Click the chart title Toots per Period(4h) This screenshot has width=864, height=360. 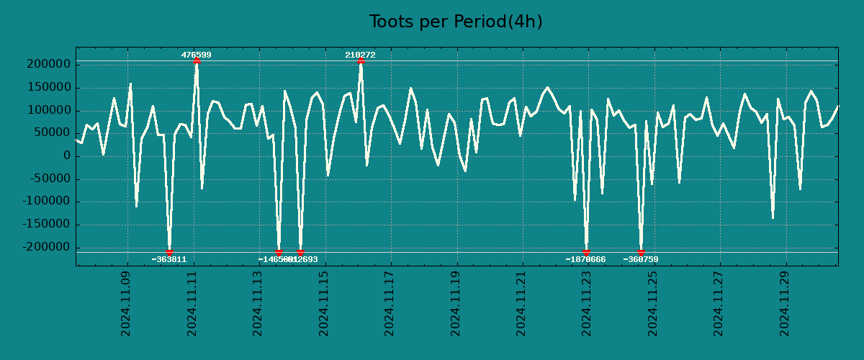(456, 22)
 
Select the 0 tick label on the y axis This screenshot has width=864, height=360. (66, 156)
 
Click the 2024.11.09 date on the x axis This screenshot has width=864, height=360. (127, 304)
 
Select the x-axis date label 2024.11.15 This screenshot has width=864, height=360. (324, 304)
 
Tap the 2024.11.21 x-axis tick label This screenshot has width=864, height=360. (522, 304)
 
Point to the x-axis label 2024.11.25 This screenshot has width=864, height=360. (654, 304)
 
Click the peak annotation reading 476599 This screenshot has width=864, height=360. (196, 55)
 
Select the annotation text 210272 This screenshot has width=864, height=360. (360, 55)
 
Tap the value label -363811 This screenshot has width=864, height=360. (169, 259)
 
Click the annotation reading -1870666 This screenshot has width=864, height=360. (585, 259)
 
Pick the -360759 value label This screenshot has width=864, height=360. (641, 259)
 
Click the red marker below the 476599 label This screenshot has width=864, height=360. (197, 61)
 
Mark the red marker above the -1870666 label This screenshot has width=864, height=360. (586, 252)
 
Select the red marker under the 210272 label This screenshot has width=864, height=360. (361, 61)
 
